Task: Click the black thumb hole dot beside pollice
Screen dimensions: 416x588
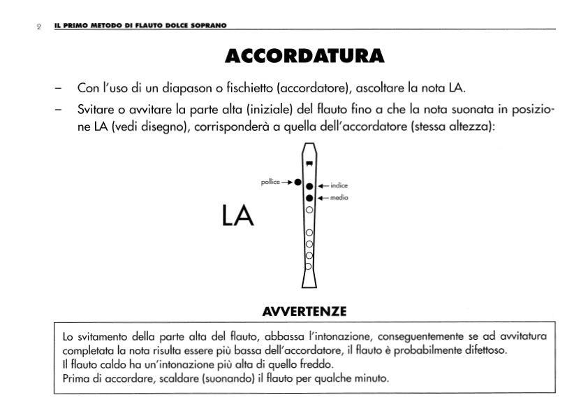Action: (x=297, y=182)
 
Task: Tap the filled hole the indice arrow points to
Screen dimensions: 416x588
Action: (x=309, y=186)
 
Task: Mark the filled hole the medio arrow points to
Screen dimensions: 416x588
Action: (x=309, y=198)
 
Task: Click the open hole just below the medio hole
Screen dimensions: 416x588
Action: (x=309, y=209)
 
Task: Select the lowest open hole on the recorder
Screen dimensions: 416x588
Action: (x=309, y=266)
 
